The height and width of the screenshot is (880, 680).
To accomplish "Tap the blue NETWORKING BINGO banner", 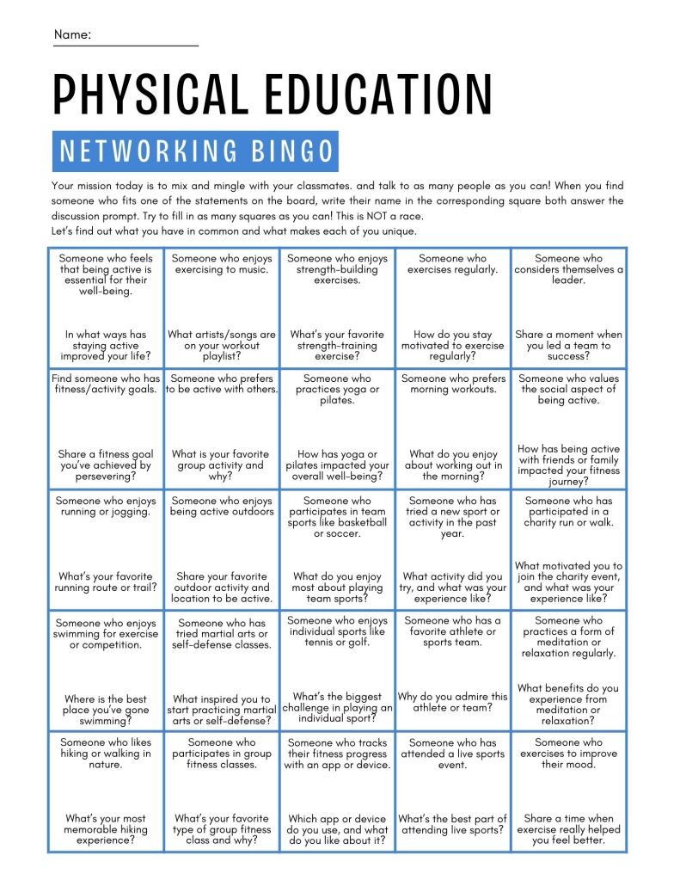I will coord(195,151).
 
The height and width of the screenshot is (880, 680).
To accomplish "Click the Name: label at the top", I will coord(72,34).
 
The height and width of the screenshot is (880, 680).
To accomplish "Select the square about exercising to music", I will coord(222,308).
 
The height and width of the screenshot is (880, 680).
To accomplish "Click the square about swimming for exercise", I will coord(106,672).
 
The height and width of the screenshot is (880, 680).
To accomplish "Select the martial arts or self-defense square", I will coord(222,672).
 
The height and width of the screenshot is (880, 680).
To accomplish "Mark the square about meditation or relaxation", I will coord(568,672).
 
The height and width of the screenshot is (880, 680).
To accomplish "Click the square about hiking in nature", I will coord(106,792).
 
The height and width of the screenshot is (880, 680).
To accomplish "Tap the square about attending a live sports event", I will coord(453,792).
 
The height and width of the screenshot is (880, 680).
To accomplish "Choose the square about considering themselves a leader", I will coord(568,308).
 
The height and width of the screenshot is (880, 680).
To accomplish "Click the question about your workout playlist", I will coord(222,345).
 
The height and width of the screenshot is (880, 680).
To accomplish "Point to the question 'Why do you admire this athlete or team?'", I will coord(453,702).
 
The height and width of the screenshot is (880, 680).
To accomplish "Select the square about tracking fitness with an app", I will coord(337,792).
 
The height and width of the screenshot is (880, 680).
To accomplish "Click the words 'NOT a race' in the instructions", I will coord(395,216).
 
